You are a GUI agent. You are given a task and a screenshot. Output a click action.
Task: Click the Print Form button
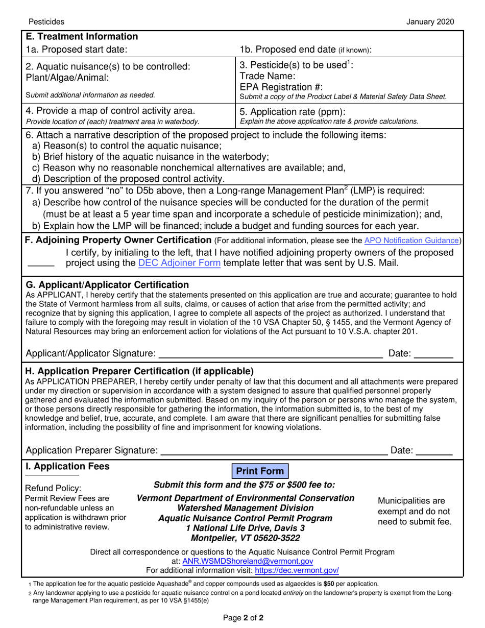coord(260,471)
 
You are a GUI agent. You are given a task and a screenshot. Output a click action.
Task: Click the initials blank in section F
coord(40,264)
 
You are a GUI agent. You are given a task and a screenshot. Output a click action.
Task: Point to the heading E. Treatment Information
coord(82,37)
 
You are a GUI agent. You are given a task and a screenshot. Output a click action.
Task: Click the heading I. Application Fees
coord(67,466)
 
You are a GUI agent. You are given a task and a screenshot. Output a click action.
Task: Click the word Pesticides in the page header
coord(46,21)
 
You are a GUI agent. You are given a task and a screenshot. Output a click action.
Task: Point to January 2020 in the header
coord(430,21)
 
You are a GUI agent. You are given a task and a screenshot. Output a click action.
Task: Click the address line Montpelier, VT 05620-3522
coord(246,538)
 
